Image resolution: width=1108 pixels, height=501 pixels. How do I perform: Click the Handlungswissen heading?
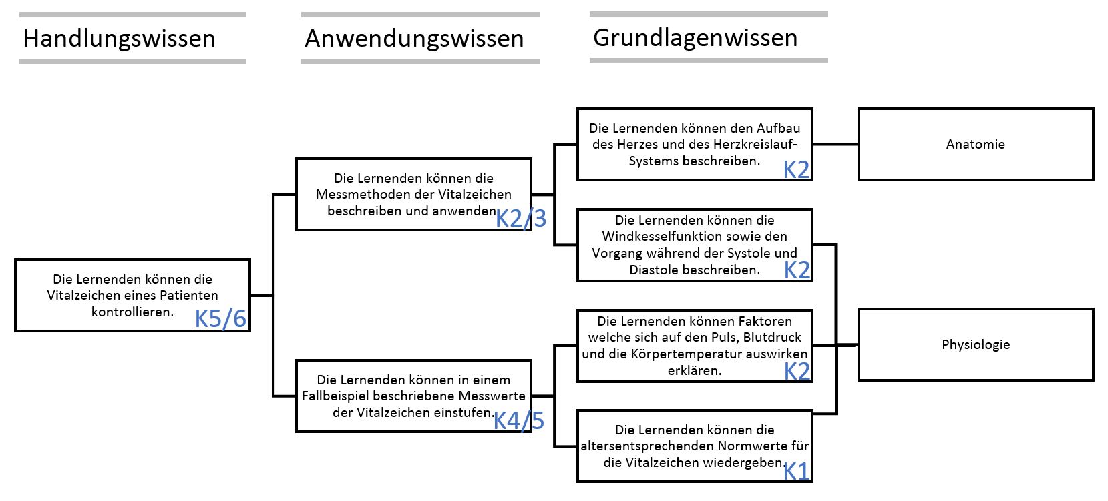pos(119,39)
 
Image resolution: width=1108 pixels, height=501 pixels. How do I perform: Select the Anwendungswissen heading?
pos(414,39)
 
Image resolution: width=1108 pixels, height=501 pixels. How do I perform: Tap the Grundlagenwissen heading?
pos(695,38)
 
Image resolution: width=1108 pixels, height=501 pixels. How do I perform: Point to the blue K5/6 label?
pos(220,319)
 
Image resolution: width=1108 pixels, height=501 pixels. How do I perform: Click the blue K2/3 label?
pos(521,218)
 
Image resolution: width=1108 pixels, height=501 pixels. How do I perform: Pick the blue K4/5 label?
pos(519,420)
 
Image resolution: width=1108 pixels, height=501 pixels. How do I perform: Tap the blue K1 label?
pos(796,472)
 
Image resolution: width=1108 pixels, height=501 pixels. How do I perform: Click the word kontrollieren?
pos(132,312)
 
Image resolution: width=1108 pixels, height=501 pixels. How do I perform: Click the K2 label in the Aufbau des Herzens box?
pos(796,170)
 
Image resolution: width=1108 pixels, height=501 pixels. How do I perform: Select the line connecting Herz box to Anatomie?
pos(836,144)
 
